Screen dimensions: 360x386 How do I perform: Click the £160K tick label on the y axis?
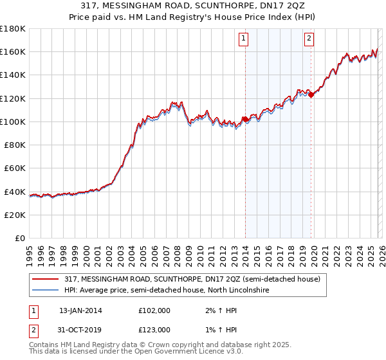coord(13,51)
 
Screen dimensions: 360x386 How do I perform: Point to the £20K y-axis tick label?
coord(15,215)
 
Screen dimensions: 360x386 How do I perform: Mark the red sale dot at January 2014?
coord(245,119)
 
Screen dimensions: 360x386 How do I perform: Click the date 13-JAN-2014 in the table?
coord(80,310)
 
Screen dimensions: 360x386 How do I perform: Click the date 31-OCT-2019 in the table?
coord(80,330)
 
